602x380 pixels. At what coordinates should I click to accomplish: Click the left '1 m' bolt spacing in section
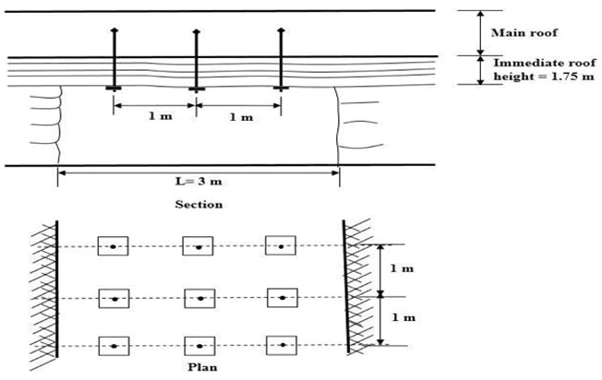pos(154,118)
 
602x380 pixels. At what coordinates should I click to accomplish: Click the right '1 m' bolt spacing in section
pos(239,118)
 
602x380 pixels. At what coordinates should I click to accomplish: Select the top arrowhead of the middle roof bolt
pos(196,32)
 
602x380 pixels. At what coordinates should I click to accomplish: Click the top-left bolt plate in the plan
pos(113,246)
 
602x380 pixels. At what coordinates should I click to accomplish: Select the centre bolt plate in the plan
pos(198,299)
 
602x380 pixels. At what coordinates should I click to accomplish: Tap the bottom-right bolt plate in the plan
pos(281,346)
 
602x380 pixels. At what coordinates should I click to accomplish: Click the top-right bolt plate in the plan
pos(281,246)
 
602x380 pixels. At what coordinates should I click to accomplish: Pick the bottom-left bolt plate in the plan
pos(113,346)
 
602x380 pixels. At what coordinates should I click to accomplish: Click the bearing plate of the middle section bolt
pos(196,89)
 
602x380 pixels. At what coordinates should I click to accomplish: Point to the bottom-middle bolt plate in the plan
pos(198,346)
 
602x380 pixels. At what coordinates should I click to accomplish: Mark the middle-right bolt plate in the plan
pos(281,299)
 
